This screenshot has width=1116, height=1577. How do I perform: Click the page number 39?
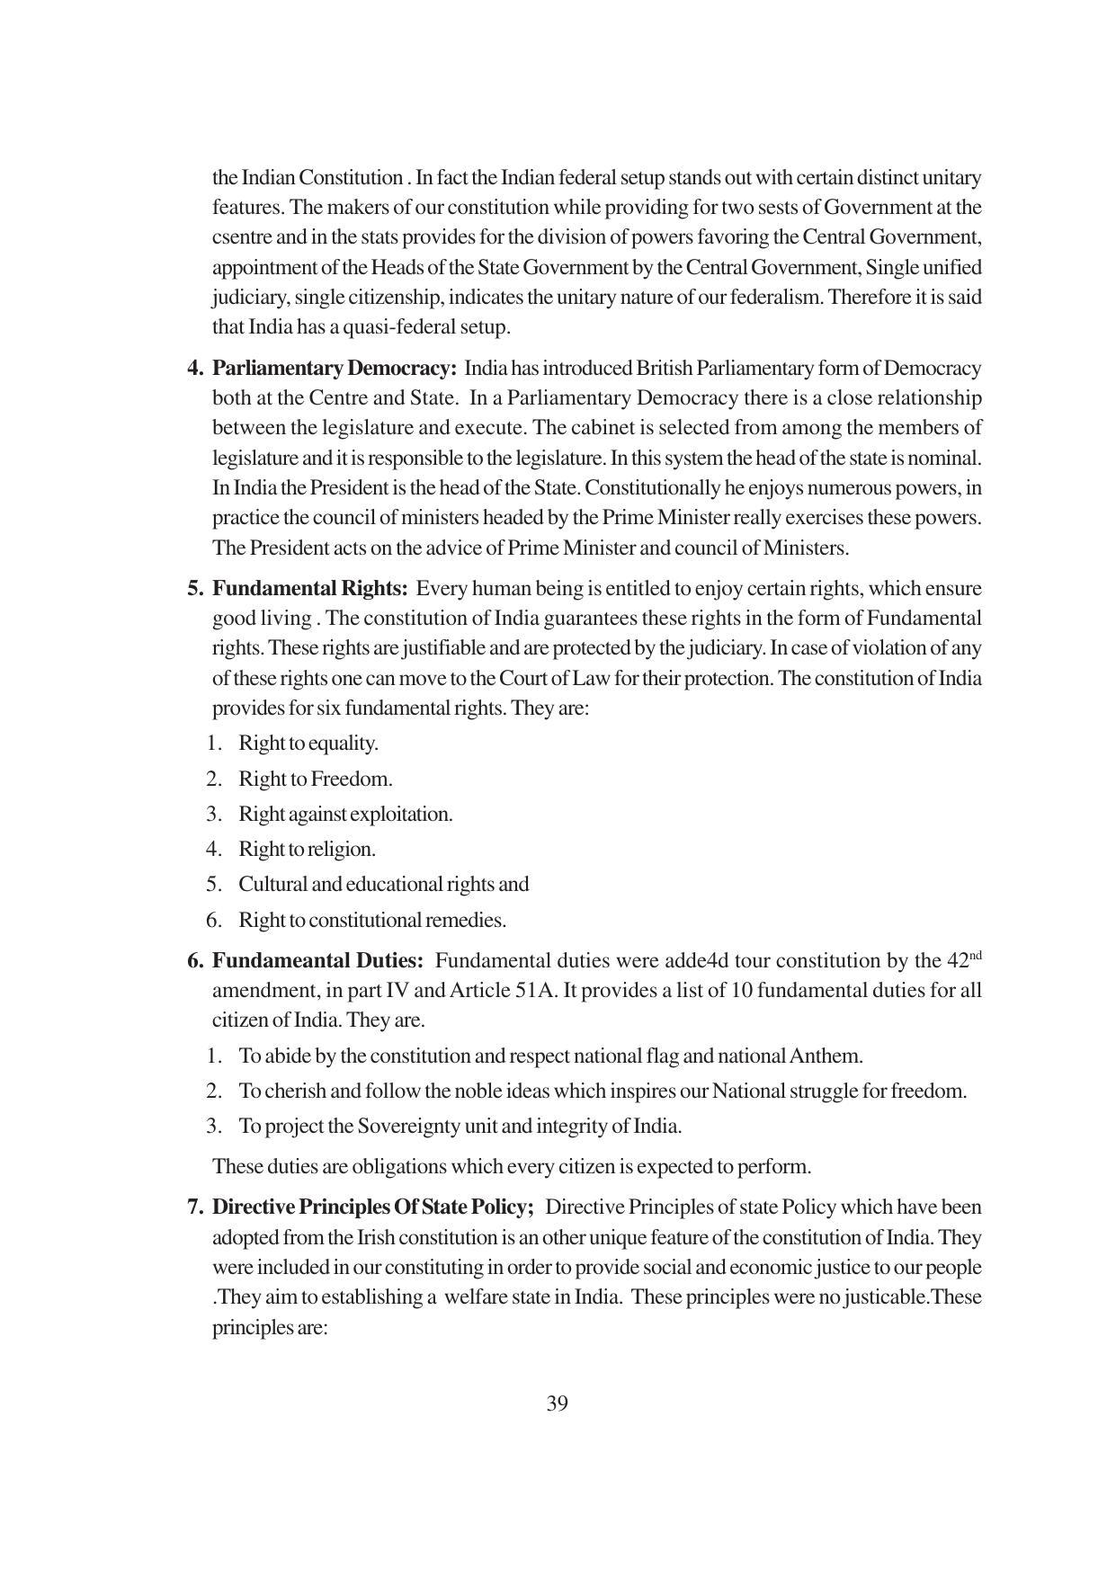coord(557,1404)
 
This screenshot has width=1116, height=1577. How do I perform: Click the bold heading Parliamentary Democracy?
coord(335,369)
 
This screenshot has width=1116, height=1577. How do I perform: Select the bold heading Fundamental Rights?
coord(310,589)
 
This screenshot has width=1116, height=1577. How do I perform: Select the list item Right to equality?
coord(308,744)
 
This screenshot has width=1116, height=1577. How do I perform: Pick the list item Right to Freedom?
coord(315,779)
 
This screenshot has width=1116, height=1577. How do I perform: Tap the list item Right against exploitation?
coord(345,815)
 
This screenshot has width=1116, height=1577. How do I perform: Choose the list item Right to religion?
coord(307,850)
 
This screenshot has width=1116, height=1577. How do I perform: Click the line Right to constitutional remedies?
coord(371,921)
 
